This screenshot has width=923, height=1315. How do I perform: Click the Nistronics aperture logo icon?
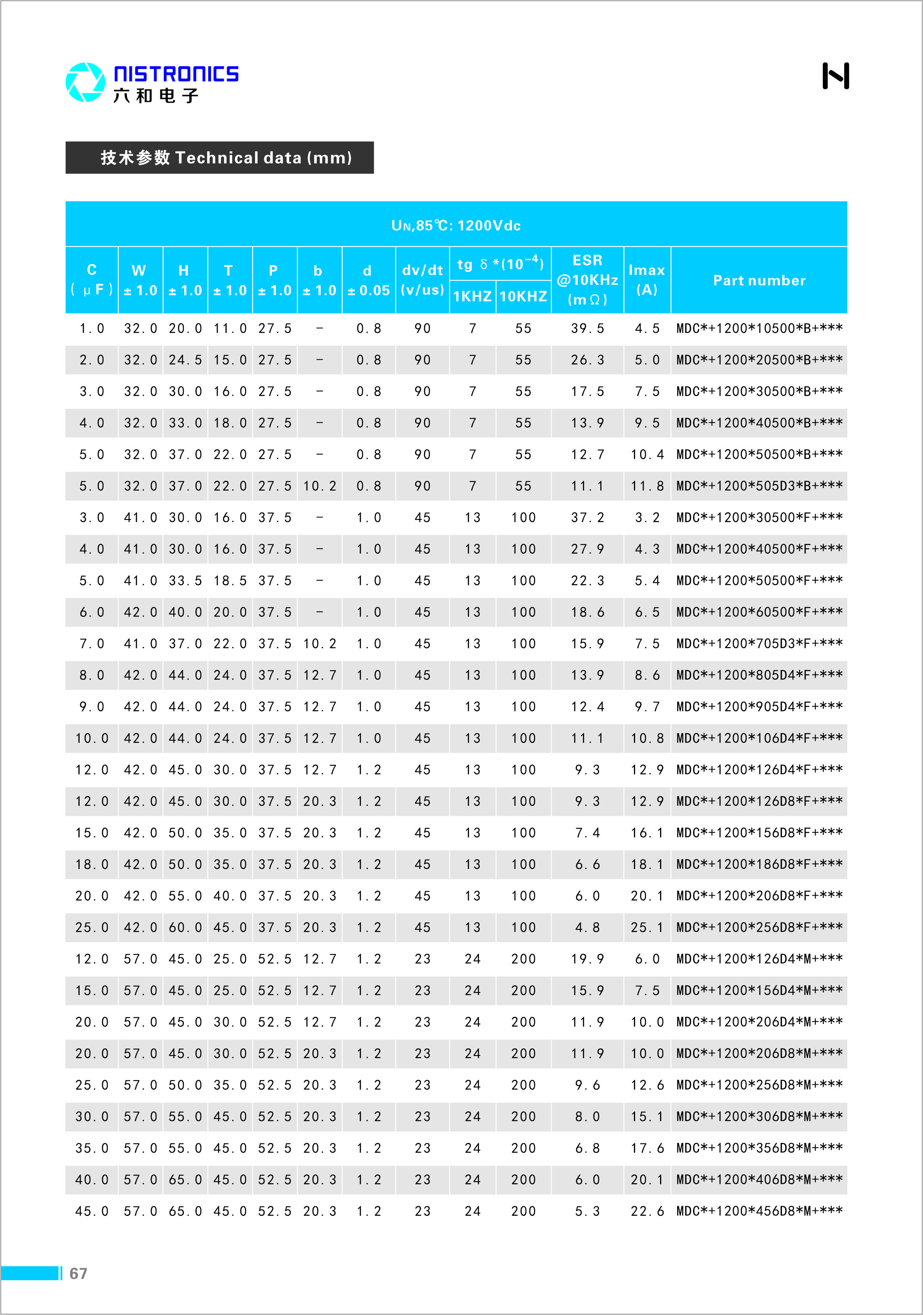85,82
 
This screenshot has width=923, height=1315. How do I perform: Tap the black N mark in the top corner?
835,76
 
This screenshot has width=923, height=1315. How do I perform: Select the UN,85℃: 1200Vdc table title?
456,225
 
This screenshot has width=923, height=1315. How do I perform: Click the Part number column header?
759,280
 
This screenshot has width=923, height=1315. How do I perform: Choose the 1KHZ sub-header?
472,296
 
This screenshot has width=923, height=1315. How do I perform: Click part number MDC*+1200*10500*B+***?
759,328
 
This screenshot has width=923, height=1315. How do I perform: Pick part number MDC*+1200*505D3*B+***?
759,486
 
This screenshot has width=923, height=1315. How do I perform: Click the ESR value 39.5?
588,328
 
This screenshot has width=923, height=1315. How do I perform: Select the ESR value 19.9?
588,959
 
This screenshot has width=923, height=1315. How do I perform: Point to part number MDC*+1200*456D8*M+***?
759,1211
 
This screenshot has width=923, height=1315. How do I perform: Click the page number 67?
78,1273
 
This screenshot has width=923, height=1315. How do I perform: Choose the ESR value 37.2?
588,517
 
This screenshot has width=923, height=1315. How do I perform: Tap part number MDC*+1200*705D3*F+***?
759,643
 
